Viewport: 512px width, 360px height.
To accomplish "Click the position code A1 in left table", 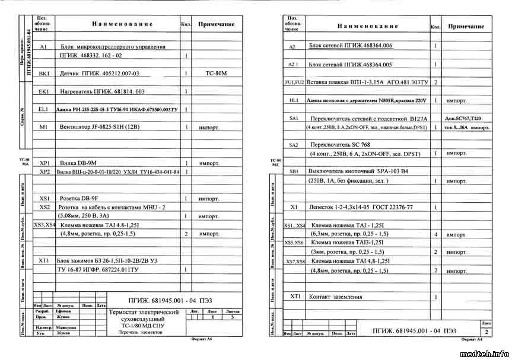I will [x=43, y=46].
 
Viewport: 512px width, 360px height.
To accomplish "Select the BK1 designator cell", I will [x=44, y=74].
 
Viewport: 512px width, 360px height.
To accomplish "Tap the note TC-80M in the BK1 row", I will [x=216, y=74].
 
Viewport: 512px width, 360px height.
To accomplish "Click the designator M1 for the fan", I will [x=43, y=127].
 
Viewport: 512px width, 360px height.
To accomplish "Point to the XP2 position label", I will [x=44, y=171].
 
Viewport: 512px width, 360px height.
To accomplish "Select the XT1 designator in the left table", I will [x=44, y=260].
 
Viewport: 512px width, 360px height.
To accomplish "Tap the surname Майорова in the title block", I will [x=66, y=327].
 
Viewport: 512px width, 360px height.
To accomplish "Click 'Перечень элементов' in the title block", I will [x=139, y=332].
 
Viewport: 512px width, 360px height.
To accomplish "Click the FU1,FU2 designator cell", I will [x=294, y=82].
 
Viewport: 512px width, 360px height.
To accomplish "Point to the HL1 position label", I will [x=294, y=101].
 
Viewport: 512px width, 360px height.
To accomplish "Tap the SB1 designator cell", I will [x=294, y=171].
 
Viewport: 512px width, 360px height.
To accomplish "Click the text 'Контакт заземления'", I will [x=335, y=297].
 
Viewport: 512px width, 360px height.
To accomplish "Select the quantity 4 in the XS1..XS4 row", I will [x=435, y=234].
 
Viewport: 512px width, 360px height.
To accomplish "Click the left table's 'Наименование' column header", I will [x=122, y=24].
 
